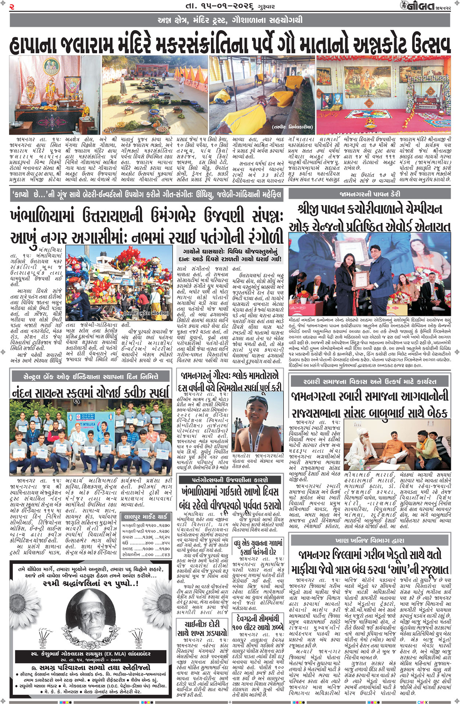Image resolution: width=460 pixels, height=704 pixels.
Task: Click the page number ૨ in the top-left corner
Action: coord(12,6)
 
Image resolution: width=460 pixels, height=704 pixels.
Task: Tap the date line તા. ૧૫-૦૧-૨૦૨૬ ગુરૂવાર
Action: coord(230,6)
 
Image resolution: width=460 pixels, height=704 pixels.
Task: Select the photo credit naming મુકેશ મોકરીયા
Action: coord(146,313)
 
